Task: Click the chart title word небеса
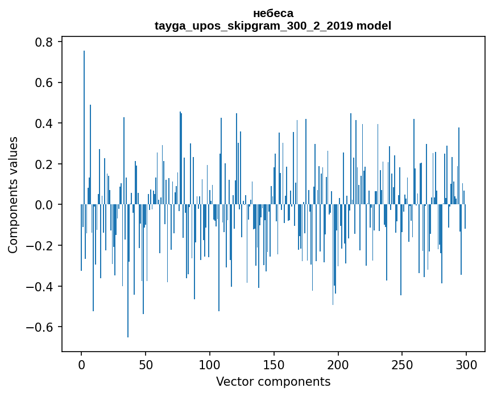(x=273, y=13)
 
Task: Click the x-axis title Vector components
(x=273, y=381)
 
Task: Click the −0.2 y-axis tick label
(x=40, y=246)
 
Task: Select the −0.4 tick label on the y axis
(x=40, y=286)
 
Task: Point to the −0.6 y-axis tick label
(x=40, y=327)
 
